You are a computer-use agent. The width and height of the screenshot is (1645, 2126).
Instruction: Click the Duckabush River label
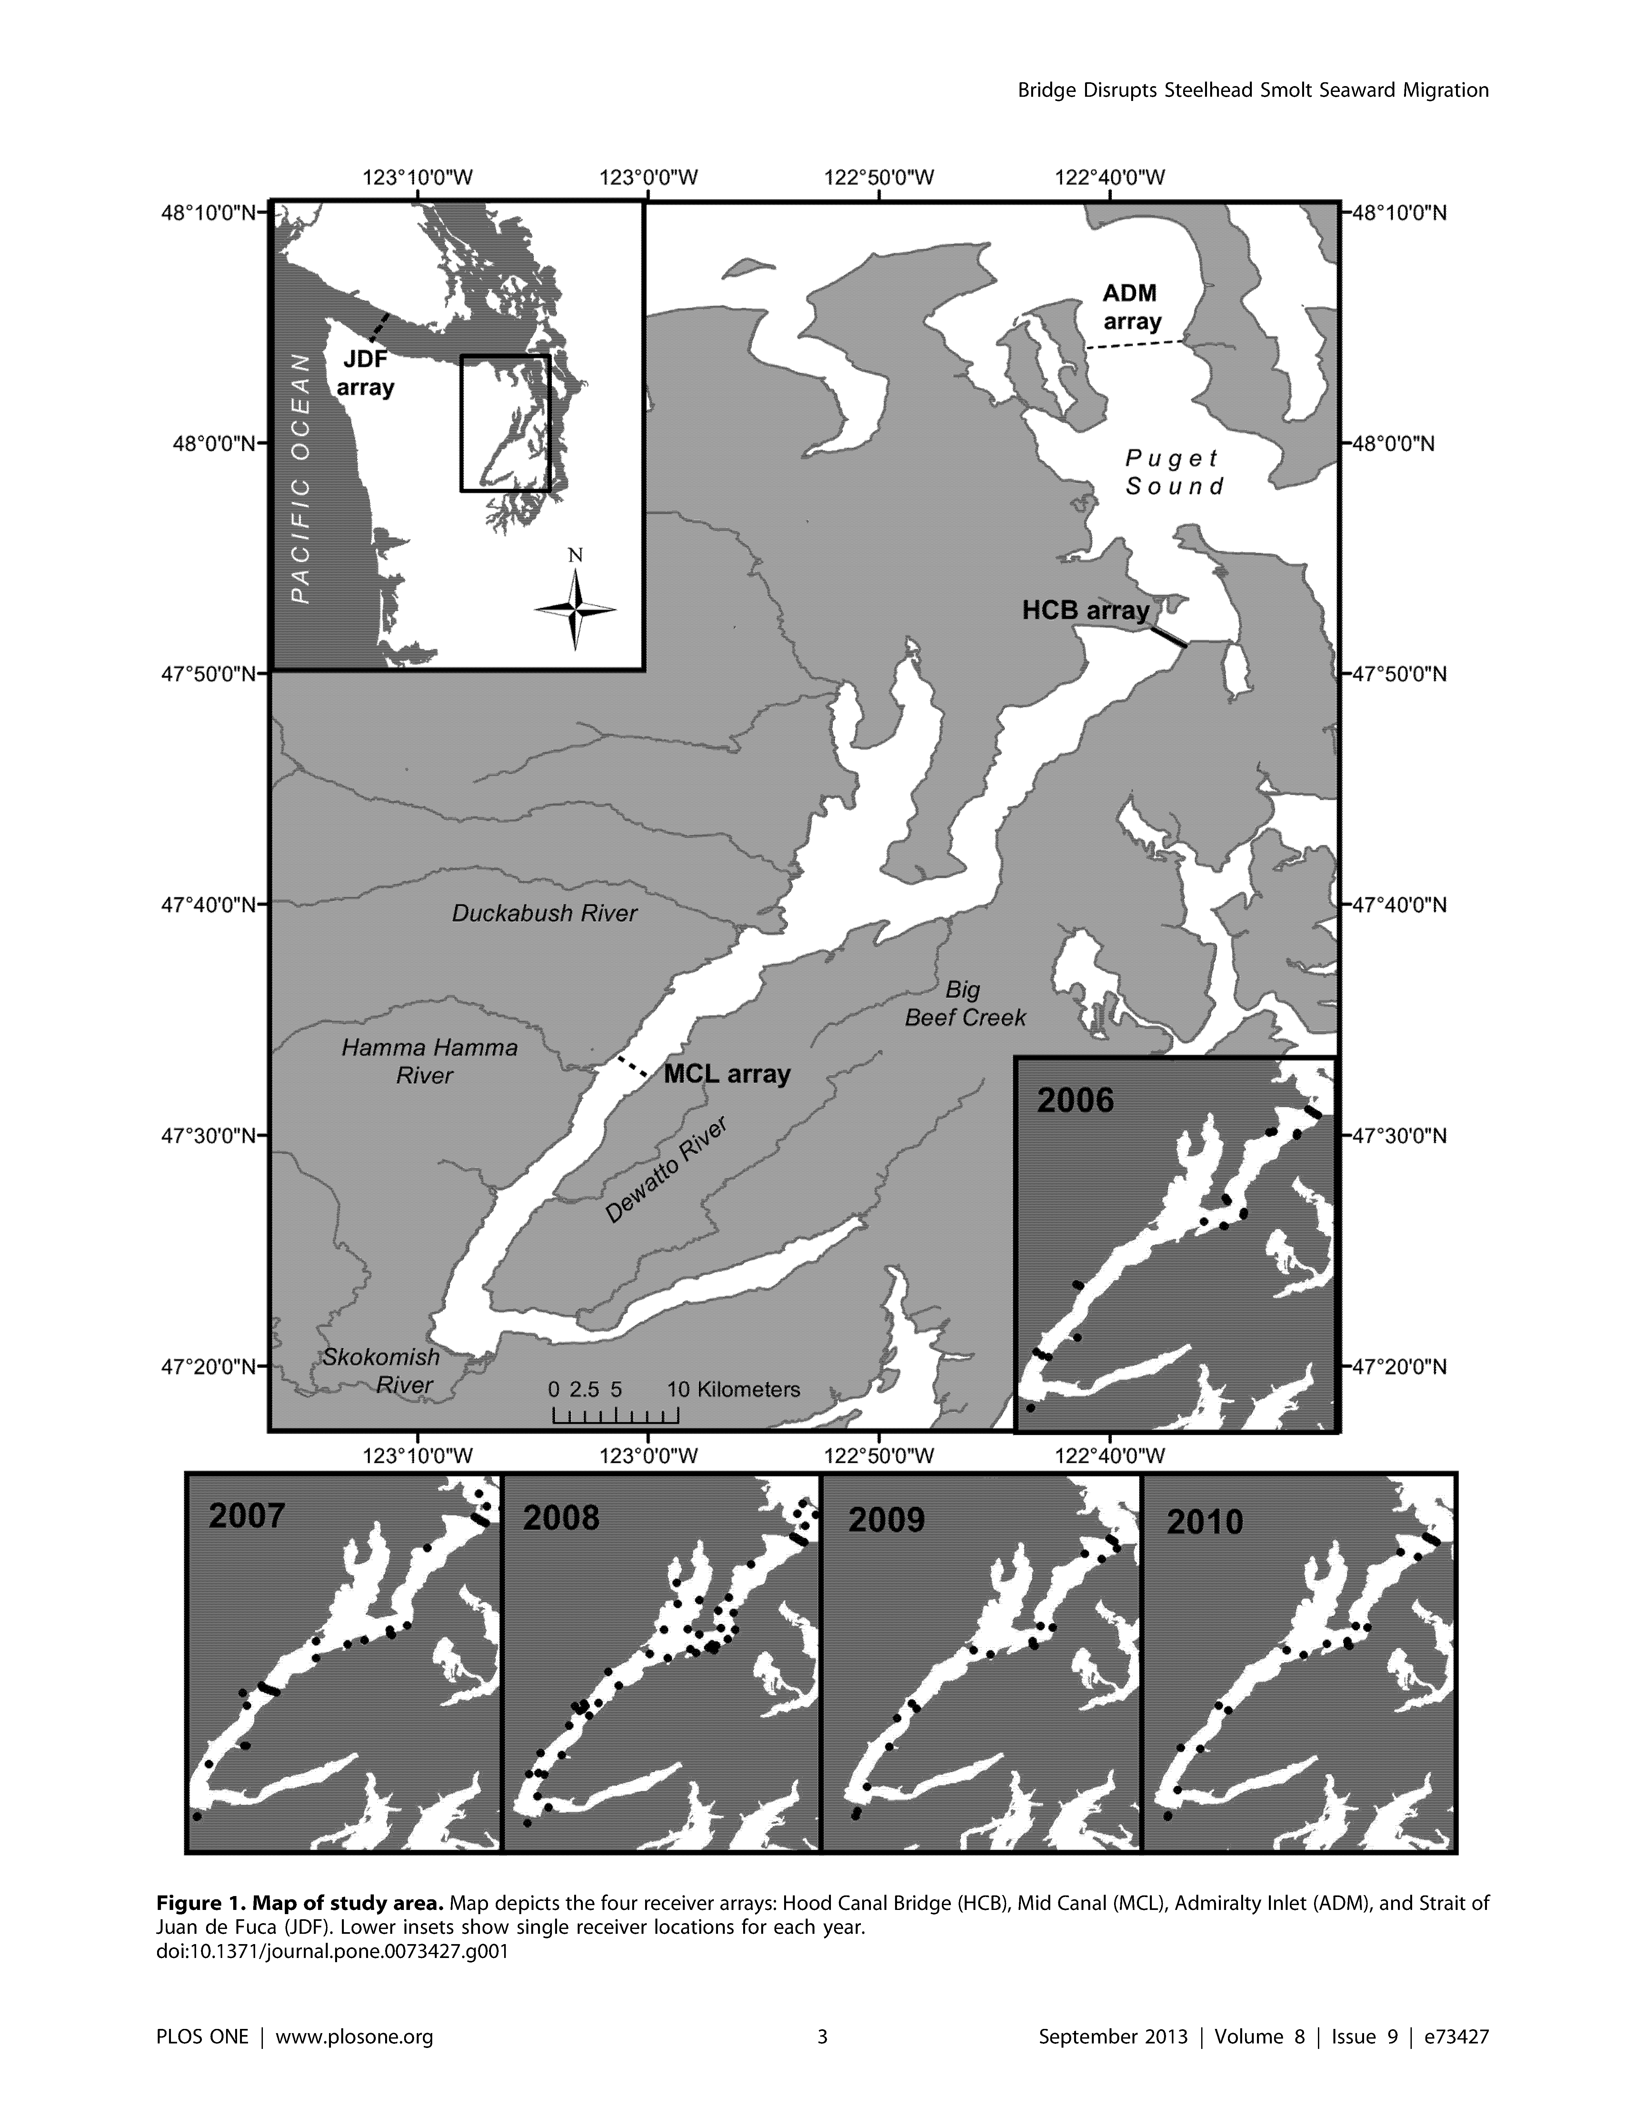(x=544, y=913)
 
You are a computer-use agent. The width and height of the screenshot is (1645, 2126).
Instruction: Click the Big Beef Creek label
(x=965, y=1004)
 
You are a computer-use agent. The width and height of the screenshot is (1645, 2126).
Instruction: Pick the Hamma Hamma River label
(x=429, y=1061)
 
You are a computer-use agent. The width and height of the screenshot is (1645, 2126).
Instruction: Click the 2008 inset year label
(x=562, y=1518)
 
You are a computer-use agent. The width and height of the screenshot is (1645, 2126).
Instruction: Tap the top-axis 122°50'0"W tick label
(x=879, y=177)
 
